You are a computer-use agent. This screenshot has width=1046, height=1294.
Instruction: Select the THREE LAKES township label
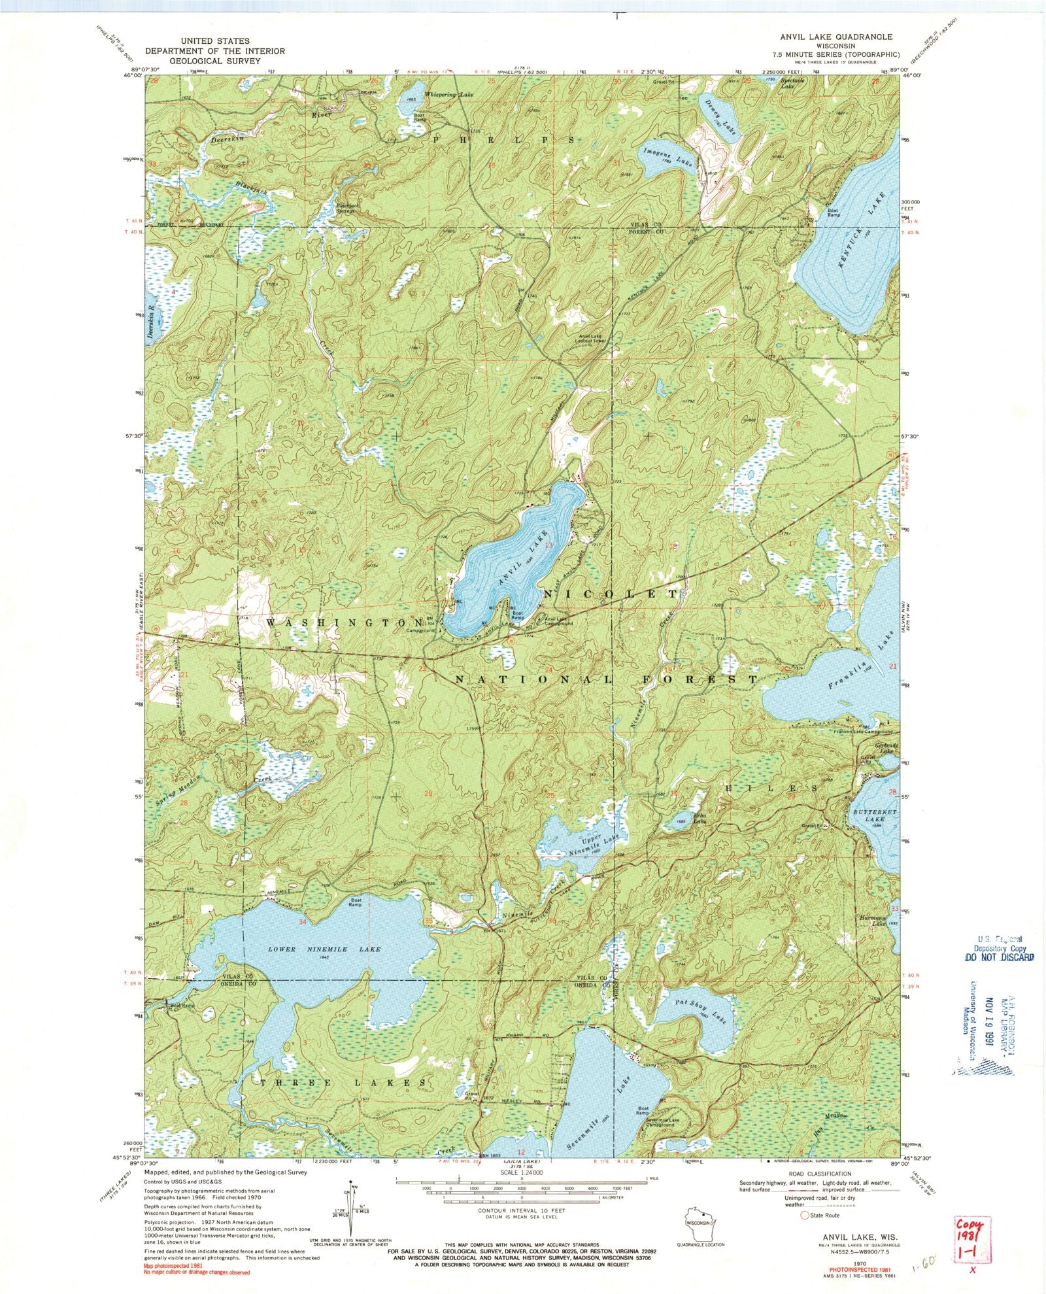345,1083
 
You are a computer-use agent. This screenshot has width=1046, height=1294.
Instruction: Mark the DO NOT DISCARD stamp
1000,958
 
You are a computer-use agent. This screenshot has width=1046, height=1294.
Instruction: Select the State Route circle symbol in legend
805,1215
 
